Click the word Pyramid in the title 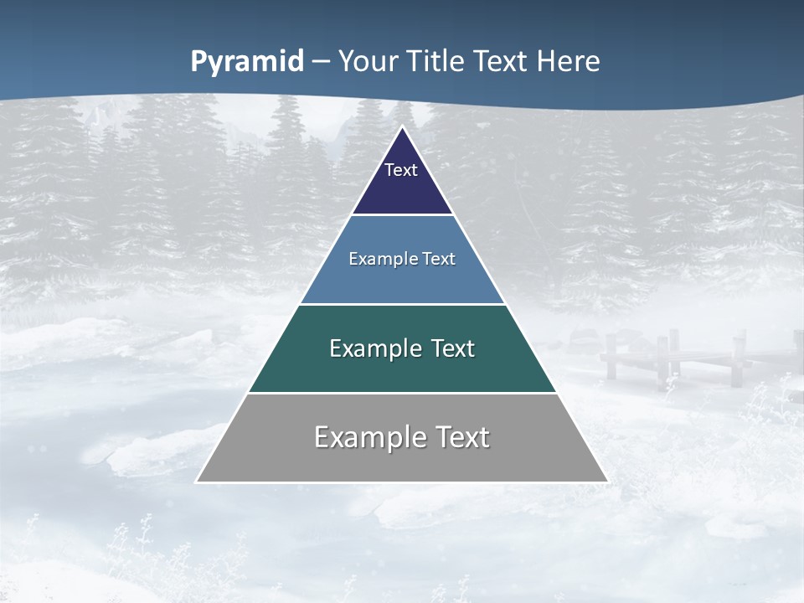coord(247,61)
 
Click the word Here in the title coord(569,61)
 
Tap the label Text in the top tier coord(401,170)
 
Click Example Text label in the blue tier coord(402,259)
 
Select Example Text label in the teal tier coord(402,348)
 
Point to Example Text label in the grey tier coord(402,437)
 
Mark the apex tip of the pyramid coord(403,128)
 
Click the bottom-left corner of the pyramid coord(198,481)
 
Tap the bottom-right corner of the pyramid coord(606,481)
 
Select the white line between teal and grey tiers coord(402,393)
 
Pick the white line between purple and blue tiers coord(402,215)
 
